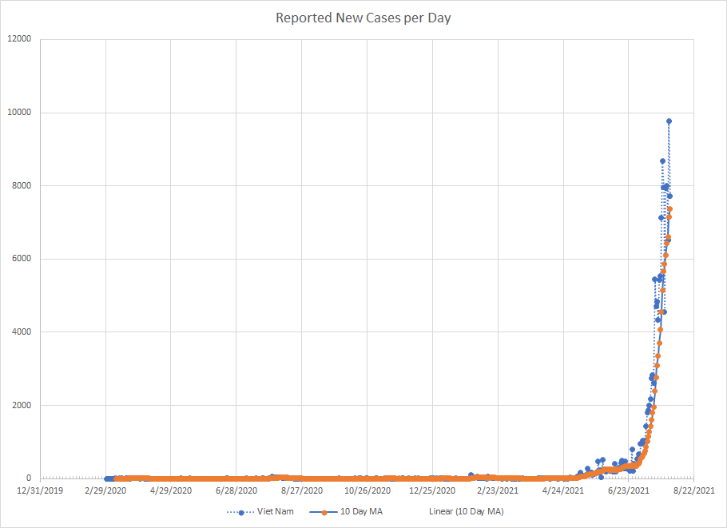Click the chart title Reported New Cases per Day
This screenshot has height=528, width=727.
363,18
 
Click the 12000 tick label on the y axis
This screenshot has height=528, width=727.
19,39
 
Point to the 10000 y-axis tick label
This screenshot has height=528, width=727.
19,113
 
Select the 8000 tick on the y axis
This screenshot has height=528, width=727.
22,186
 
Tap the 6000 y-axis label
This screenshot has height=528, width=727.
22,259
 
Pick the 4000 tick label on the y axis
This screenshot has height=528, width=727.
22,332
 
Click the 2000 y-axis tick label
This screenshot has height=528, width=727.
22,406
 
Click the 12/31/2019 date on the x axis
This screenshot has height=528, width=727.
41,490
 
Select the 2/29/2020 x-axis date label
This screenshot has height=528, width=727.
106,490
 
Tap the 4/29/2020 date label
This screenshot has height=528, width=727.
172,490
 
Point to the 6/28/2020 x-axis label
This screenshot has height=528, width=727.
236,490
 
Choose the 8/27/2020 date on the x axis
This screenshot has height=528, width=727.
302,490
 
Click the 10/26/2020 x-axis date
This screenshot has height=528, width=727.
367,490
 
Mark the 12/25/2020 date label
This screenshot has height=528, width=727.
432,490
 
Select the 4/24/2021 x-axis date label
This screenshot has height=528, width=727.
563,490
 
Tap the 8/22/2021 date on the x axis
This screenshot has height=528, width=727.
693,490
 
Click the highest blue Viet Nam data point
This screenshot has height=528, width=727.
669,121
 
